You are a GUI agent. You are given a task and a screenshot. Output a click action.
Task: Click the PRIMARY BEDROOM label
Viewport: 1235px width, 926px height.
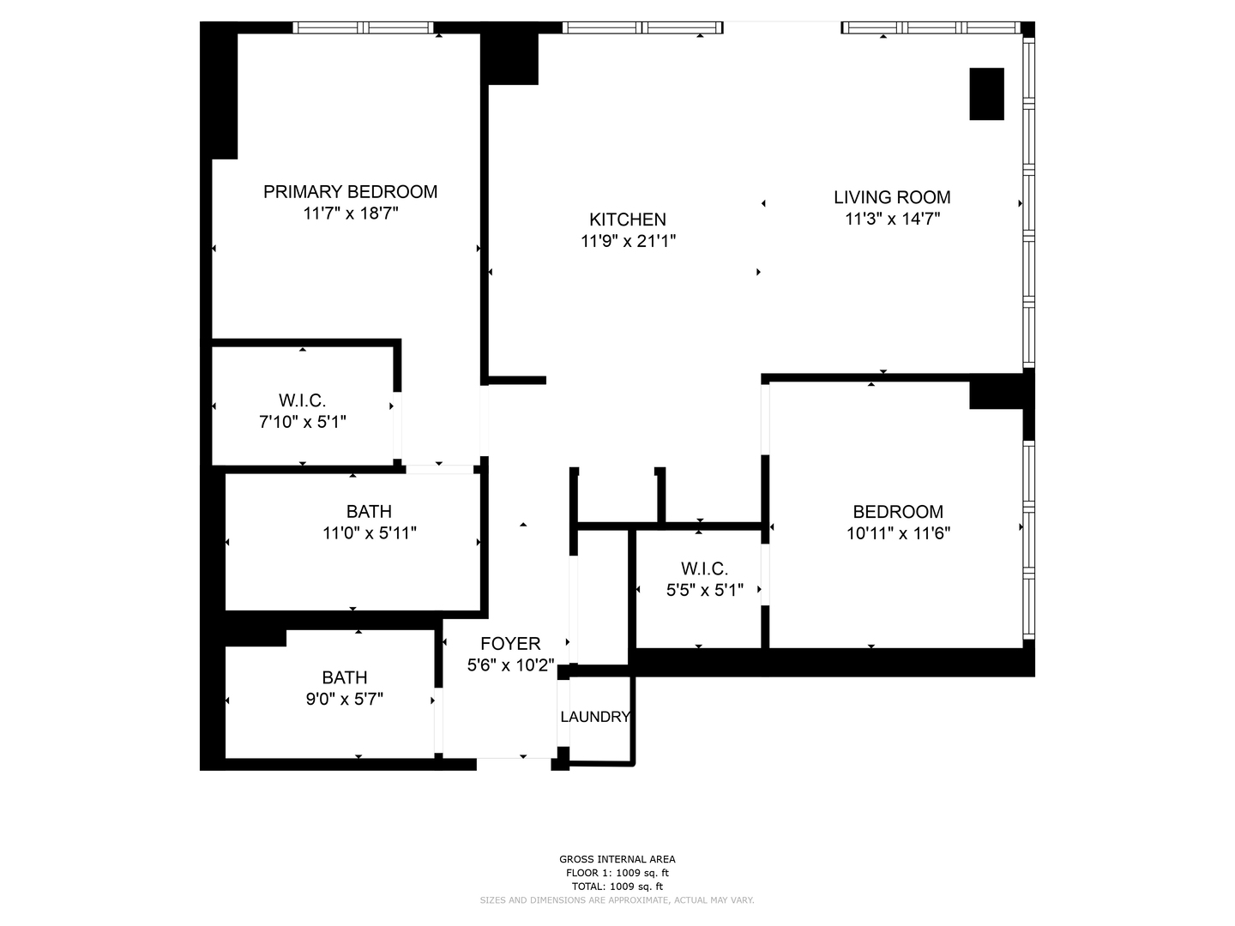tap(350, 192)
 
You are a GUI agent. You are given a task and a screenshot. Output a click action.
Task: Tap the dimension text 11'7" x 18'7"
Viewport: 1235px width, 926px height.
tap(350, 213)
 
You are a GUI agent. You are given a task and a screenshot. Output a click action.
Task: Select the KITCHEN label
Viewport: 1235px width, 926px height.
tap(628, 219)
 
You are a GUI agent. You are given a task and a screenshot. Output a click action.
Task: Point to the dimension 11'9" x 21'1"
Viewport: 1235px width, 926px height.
tap(628, 242)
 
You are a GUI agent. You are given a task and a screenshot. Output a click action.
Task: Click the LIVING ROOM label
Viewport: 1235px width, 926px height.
tap(892, 197)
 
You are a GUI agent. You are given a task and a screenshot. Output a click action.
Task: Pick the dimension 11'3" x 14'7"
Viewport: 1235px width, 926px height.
tap(892, 219)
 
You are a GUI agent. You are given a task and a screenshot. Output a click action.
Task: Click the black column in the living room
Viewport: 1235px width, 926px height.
tap(986, 94)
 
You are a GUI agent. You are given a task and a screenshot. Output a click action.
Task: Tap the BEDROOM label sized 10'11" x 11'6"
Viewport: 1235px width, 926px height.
tap(898, 512)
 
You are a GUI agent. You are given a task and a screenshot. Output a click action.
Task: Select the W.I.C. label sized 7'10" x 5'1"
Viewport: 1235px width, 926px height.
tap(302, 400)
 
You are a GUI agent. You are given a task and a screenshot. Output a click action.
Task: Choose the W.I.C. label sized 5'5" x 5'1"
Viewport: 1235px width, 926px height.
tap(704, 568)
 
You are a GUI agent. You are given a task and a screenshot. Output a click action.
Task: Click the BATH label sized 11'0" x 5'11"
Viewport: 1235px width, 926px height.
tap(369, 512)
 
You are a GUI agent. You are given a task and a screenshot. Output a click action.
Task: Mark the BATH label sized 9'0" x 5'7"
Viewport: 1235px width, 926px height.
tap(345, 677)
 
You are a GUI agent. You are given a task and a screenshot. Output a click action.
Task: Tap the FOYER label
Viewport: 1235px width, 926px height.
tap(510, 644)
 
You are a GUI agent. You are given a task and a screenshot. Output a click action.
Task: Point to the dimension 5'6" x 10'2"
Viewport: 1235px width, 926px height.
tap(510, 665)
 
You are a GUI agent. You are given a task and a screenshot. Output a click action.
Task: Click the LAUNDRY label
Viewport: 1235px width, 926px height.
tap(595, 717)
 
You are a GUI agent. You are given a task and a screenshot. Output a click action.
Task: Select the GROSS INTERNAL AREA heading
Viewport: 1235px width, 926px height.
tap(617, 859)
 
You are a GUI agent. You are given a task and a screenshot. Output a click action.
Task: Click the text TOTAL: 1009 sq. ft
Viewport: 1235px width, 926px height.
tap(617, 887)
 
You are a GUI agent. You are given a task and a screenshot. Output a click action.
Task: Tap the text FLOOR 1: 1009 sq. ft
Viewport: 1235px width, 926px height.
tap(617, 873)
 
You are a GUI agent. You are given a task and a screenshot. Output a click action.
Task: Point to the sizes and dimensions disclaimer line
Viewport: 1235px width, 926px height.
tap(617, 900)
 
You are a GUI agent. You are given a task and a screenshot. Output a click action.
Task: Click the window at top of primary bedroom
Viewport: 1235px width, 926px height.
tap(363, 27)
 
